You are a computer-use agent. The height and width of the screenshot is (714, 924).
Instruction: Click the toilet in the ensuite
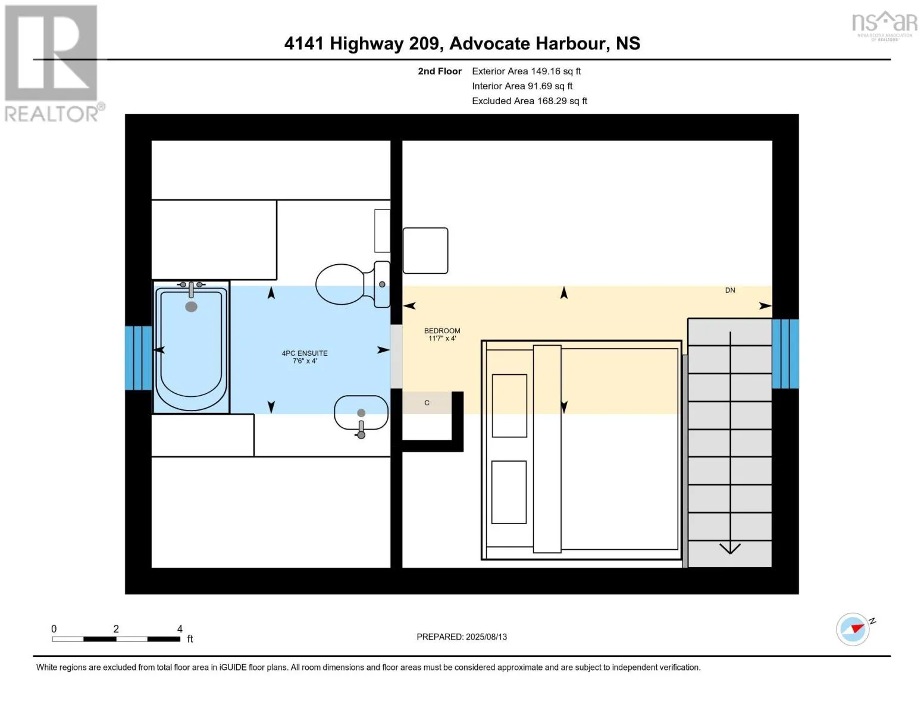point(353,284)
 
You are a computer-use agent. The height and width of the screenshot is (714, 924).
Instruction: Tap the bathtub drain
point(192,306)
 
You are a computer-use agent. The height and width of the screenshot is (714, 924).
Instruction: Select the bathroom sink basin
point(361,413)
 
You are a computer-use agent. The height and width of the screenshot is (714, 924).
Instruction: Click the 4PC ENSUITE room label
point(305,357)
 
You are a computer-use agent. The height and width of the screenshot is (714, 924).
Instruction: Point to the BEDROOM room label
point(442,334)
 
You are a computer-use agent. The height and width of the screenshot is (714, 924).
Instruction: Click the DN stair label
point(730,290)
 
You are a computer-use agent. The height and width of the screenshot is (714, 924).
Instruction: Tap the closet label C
point(427,403)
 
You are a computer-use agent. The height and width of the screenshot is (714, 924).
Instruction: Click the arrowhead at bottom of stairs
point(730,548)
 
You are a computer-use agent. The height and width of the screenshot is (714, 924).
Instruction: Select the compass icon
point(853,630)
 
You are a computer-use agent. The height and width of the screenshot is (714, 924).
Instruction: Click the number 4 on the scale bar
point(180,628)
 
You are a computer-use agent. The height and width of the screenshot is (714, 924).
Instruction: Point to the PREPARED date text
point(462,637)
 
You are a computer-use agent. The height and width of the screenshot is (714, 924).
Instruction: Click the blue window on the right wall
point(785,353)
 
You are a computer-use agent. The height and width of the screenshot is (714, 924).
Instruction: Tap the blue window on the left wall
point(138,358)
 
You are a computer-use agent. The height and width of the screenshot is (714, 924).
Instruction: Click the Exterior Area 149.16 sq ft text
point(527,71)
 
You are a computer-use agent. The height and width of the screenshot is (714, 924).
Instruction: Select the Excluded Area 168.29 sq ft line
point(530,101)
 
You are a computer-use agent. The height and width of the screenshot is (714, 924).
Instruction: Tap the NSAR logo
point(885,26)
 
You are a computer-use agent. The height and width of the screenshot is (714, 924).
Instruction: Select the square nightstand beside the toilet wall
point(425,250)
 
